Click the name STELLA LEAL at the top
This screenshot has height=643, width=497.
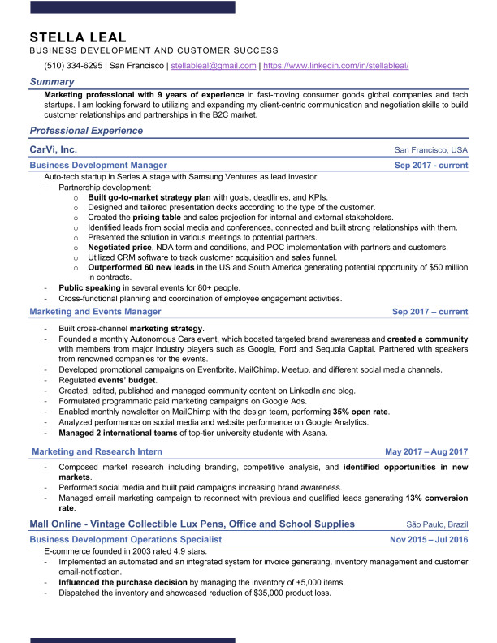click(x=78, y=37)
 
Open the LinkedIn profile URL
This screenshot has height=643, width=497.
click(x=336, y=66)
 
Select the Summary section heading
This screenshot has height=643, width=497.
click(x=52, y=82)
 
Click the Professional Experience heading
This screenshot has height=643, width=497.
click(x=86, y=131)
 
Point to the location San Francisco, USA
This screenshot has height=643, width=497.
click(x=430, y=151)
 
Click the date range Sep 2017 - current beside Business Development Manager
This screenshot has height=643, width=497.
click(x=430, y=165)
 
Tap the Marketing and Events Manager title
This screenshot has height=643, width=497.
click(x=95, y=311)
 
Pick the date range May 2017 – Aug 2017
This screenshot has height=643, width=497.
click(x=426, y=451)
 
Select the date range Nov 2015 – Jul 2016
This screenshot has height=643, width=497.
click(x=429, y=539)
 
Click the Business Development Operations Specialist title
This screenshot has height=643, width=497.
click(x=125, y=539)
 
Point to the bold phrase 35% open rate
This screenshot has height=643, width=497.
click(x=360, y=412)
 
